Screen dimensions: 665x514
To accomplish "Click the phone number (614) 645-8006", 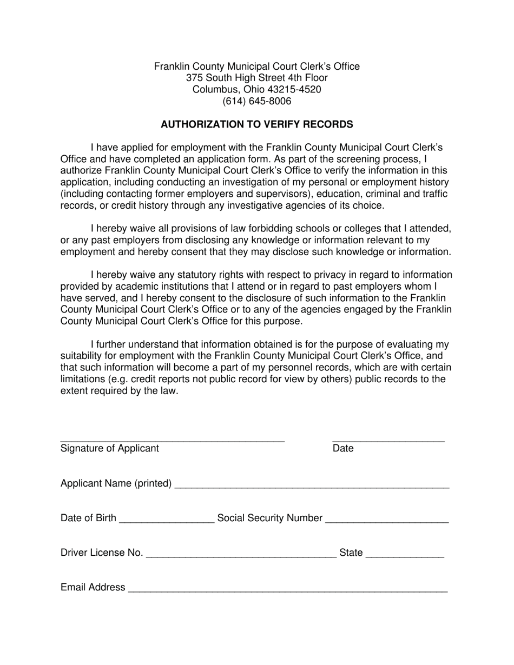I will (256, 101).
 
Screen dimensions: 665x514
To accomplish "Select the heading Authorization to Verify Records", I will (256, 124).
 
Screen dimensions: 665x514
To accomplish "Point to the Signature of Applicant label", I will (110, 448).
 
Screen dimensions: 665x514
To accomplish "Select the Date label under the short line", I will (343, 448).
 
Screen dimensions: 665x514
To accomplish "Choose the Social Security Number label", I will (269, 518).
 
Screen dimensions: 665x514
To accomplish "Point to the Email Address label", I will (93, 588).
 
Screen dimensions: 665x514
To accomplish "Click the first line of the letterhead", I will (256, 66).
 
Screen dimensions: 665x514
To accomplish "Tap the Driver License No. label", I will (102, 553).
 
